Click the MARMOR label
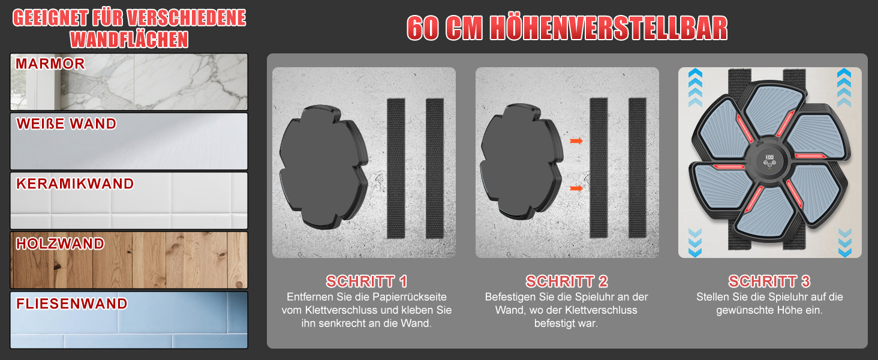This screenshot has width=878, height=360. tap(50, 64)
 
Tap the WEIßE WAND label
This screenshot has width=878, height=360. tap(66, 124)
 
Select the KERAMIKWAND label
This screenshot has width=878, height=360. tap(75, 184)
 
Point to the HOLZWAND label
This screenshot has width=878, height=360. tap(60, 244)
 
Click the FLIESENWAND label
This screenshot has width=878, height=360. tap(72, 304)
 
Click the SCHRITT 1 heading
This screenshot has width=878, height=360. tap(366, 281)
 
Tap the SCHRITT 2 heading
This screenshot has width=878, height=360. tap(566, 281)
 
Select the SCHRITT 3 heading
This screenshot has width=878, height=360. tap(769, 281)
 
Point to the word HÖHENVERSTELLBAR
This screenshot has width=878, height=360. tap(608, 28)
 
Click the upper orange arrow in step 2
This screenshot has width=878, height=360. tap(576, 141)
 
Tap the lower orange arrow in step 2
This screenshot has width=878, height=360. tap(576, 188)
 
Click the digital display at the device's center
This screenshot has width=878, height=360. tap(769, 160)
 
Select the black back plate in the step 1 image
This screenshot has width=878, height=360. tap(323, 167)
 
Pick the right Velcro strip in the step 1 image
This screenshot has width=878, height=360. tap(435, 169)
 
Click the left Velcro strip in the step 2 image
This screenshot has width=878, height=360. tap(599, 168)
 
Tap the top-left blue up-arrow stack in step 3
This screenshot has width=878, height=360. tap(695, 88)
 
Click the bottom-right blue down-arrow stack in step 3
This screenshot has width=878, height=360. tap(844, 243)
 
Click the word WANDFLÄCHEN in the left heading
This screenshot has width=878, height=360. tap(130, 40)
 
